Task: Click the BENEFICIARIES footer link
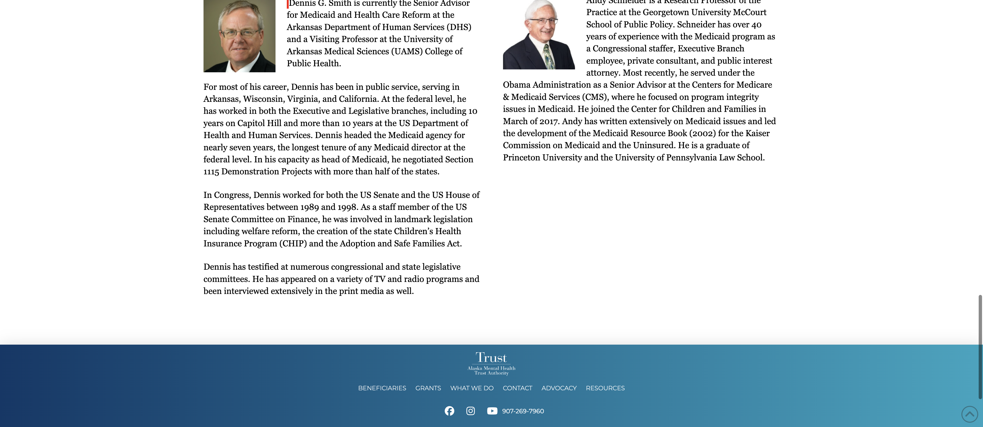[x=382, y=388]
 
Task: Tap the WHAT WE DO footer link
[x=472, y=388]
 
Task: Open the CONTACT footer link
[x=517, y=388]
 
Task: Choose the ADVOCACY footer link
[x=559, y=388]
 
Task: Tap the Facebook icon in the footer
[x=450, y=411]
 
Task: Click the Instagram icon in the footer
[x=471, y=411]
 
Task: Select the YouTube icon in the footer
[x=492, y=411]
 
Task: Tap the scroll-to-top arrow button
[x=969, y=414]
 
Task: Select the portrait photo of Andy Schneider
[x=539, y=34]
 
